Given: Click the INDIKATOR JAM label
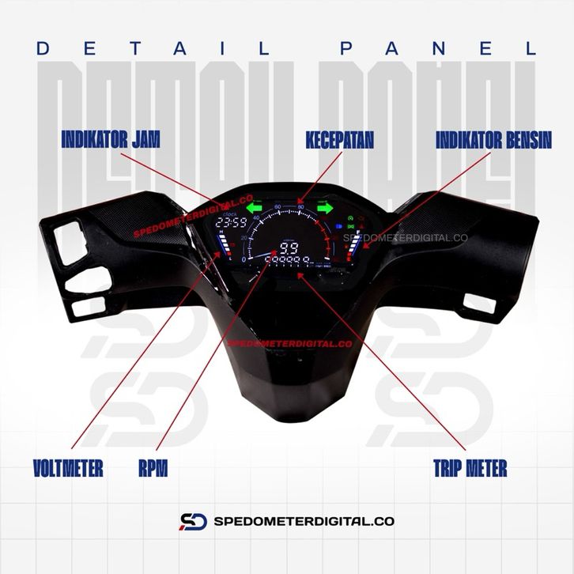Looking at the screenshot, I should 111,140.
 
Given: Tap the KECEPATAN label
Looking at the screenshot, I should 340,140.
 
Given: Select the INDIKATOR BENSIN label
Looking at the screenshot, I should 494,140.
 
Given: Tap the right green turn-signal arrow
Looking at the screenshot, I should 325,209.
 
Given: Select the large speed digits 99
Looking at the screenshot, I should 289,249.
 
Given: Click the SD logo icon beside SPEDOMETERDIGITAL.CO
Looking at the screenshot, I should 193,521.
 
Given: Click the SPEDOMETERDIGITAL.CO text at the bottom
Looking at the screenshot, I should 304,522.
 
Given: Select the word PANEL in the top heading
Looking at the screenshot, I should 438,48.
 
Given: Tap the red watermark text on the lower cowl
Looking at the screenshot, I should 289,344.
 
